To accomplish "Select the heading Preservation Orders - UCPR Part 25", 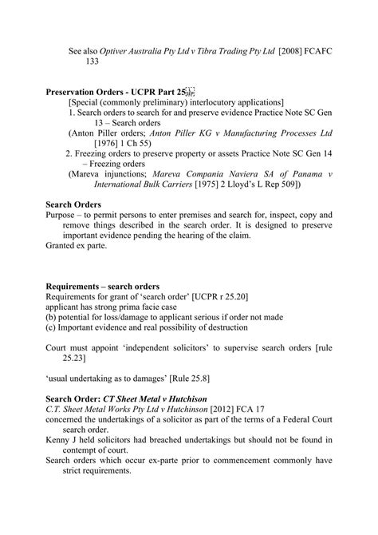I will coord(116,92).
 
